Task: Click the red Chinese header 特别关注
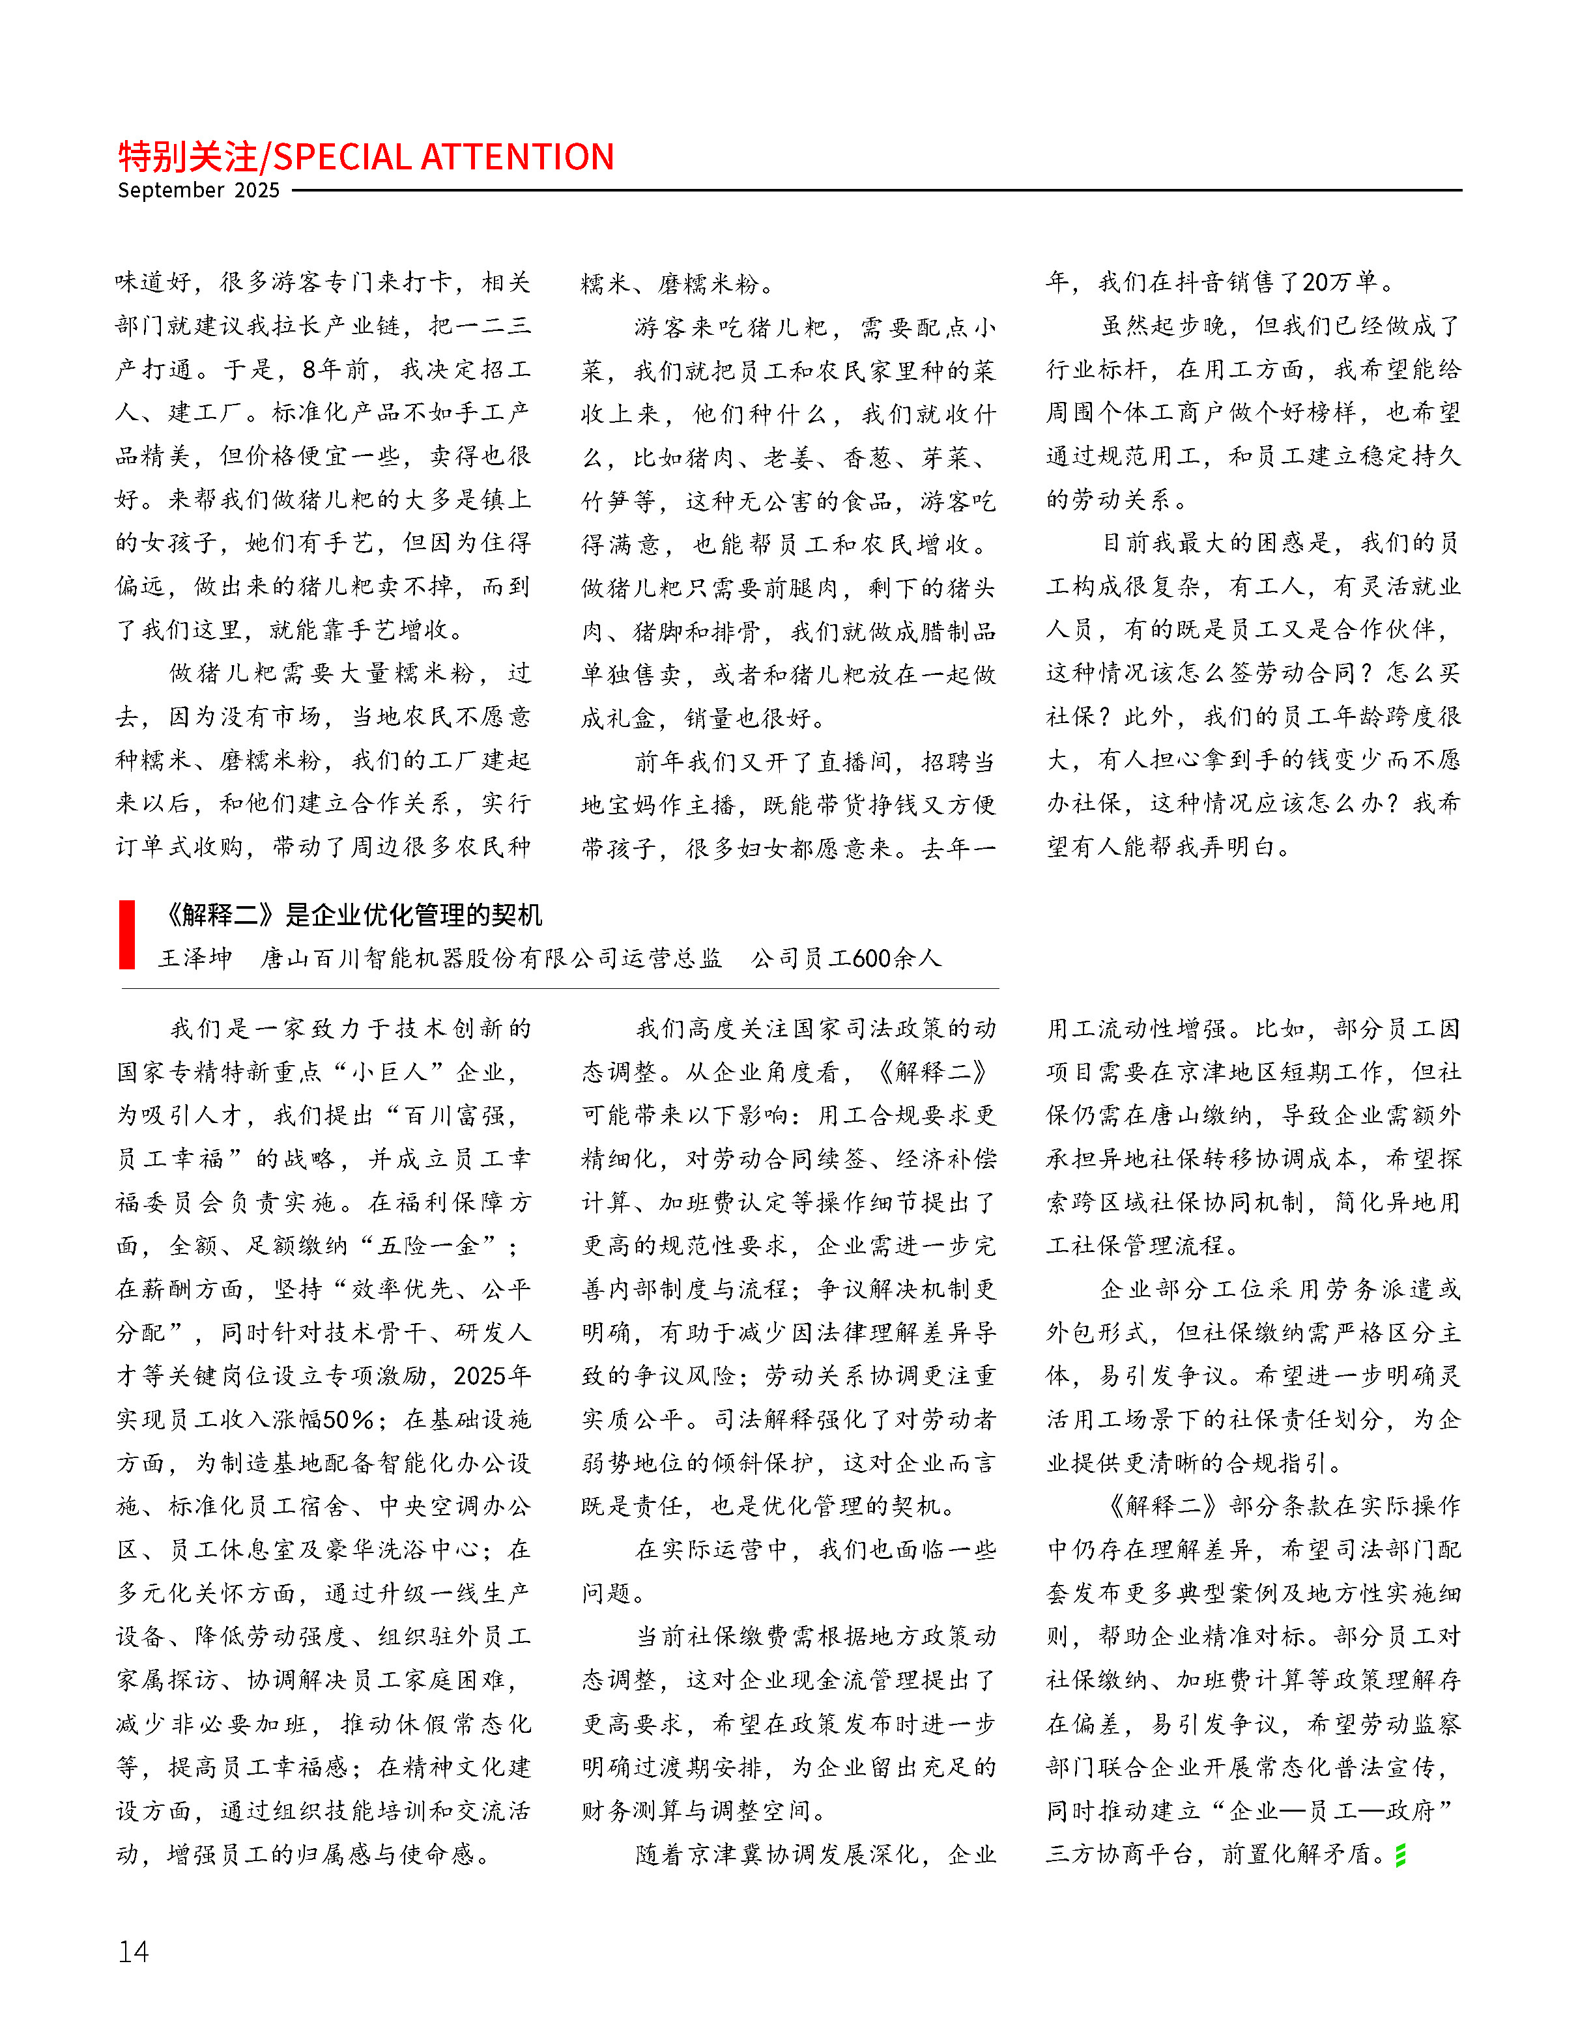[187, 157]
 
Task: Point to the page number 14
[134, 1951]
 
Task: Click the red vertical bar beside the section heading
[127, 934]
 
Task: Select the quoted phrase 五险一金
[429, 1246]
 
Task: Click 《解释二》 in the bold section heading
[220, 915]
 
